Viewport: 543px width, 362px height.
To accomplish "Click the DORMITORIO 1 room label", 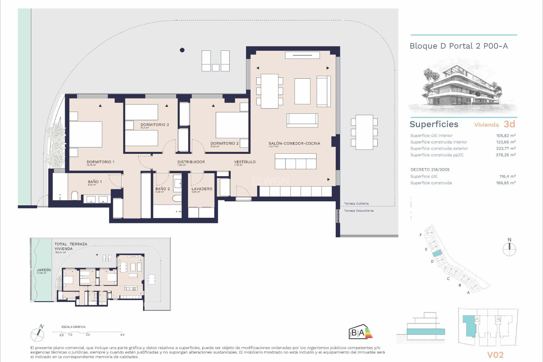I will click(x=100, y=162).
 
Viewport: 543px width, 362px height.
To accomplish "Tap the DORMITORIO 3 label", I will click(x=155, y=125).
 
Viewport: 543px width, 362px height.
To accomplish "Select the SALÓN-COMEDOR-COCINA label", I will click(x=294, y=143).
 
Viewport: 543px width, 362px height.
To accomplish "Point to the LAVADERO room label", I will click(x=202, y=189).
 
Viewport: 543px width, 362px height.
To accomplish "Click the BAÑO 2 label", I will click(x=163, y=189).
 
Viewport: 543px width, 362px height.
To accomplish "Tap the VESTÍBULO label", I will click(x=245, y=162).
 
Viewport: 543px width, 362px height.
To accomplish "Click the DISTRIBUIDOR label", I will click(x=191, y=162).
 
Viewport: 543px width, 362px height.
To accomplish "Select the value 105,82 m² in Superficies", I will click(x=506, y=136).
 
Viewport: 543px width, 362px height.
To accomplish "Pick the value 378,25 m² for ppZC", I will click(x=506, y=155).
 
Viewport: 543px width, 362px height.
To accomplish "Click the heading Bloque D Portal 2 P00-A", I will click(x=459, y=46).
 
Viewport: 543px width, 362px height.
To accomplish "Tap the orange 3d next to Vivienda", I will click(x=509, y=124).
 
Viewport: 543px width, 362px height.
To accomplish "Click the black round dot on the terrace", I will click(x=182, y=50).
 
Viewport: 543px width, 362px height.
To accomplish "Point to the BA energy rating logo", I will click(x=360, y=332).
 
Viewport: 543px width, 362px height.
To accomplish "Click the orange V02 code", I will click(x=495, y=355).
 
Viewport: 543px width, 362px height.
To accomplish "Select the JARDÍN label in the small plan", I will click(x=44, y=270).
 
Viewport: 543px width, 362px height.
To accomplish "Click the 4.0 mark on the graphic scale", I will click(x=122, y=335).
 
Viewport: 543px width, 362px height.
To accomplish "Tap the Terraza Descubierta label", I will click(x=359, y=211).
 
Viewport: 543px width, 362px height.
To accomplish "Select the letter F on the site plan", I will click(x=421, y=235).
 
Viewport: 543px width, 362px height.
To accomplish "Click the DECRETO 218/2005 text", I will click(x=430, y=170).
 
